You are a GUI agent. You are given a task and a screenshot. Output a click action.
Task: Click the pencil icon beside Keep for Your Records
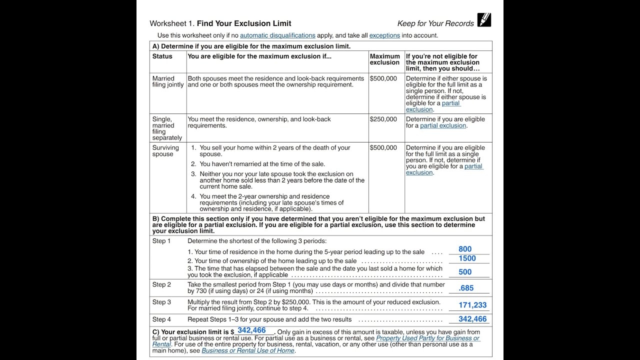484,20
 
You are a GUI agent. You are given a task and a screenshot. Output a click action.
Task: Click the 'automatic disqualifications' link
277,35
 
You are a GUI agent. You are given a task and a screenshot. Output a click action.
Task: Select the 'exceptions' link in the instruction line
384,35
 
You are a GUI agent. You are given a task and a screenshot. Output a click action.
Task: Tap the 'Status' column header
162,56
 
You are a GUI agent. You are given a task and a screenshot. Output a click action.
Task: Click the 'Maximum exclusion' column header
384,59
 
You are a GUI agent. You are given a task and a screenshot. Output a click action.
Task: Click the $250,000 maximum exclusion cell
383,119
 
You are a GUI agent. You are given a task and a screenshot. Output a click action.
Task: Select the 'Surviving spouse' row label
165,151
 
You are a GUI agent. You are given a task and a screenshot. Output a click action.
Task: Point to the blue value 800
465,249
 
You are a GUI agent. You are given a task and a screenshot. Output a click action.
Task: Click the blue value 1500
467,258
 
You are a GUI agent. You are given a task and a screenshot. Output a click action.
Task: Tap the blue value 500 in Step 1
465,272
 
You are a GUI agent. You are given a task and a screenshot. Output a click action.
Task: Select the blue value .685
466,288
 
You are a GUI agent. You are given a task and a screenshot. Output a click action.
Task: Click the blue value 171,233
472,305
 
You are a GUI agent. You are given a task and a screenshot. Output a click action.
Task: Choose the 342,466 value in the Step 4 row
472,319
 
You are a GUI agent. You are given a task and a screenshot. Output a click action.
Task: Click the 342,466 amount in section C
251,330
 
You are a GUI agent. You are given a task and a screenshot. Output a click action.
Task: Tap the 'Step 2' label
161,284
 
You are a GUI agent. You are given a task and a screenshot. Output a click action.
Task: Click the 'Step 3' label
161,302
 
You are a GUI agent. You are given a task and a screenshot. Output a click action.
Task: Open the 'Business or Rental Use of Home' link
248,350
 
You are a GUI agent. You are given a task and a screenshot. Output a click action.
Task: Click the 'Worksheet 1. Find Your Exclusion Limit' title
220,23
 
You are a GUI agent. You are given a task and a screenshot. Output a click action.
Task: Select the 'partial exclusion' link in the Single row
443,125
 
